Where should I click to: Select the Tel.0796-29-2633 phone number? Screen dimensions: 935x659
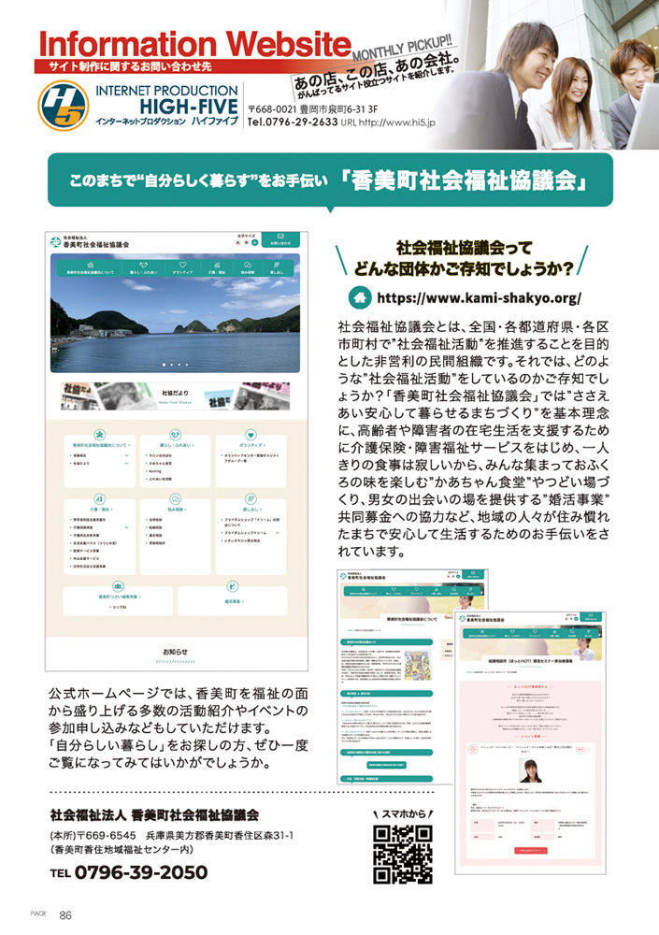click(x=293, y=122)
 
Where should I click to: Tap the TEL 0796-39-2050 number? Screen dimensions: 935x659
click(x=130, y=872)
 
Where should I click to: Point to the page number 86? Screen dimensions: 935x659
click(x=66, y=915)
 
